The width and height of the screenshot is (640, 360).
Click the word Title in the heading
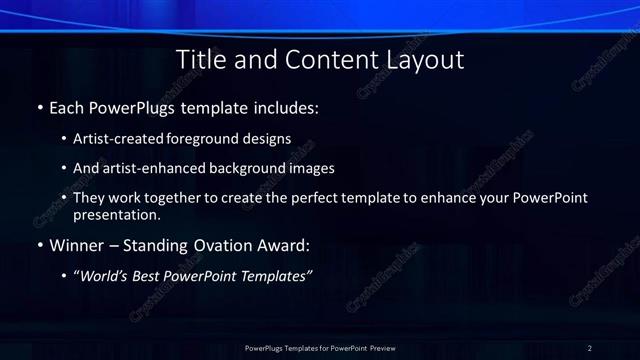click(200, 60)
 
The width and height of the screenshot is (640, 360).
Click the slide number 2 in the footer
click(590, 347)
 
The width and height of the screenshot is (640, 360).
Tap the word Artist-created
click(119, 139)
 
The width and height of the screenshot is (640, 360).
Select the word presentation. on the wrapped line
click(117, 214)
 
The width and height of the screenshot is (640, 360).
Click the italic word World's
click(108, 275)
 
